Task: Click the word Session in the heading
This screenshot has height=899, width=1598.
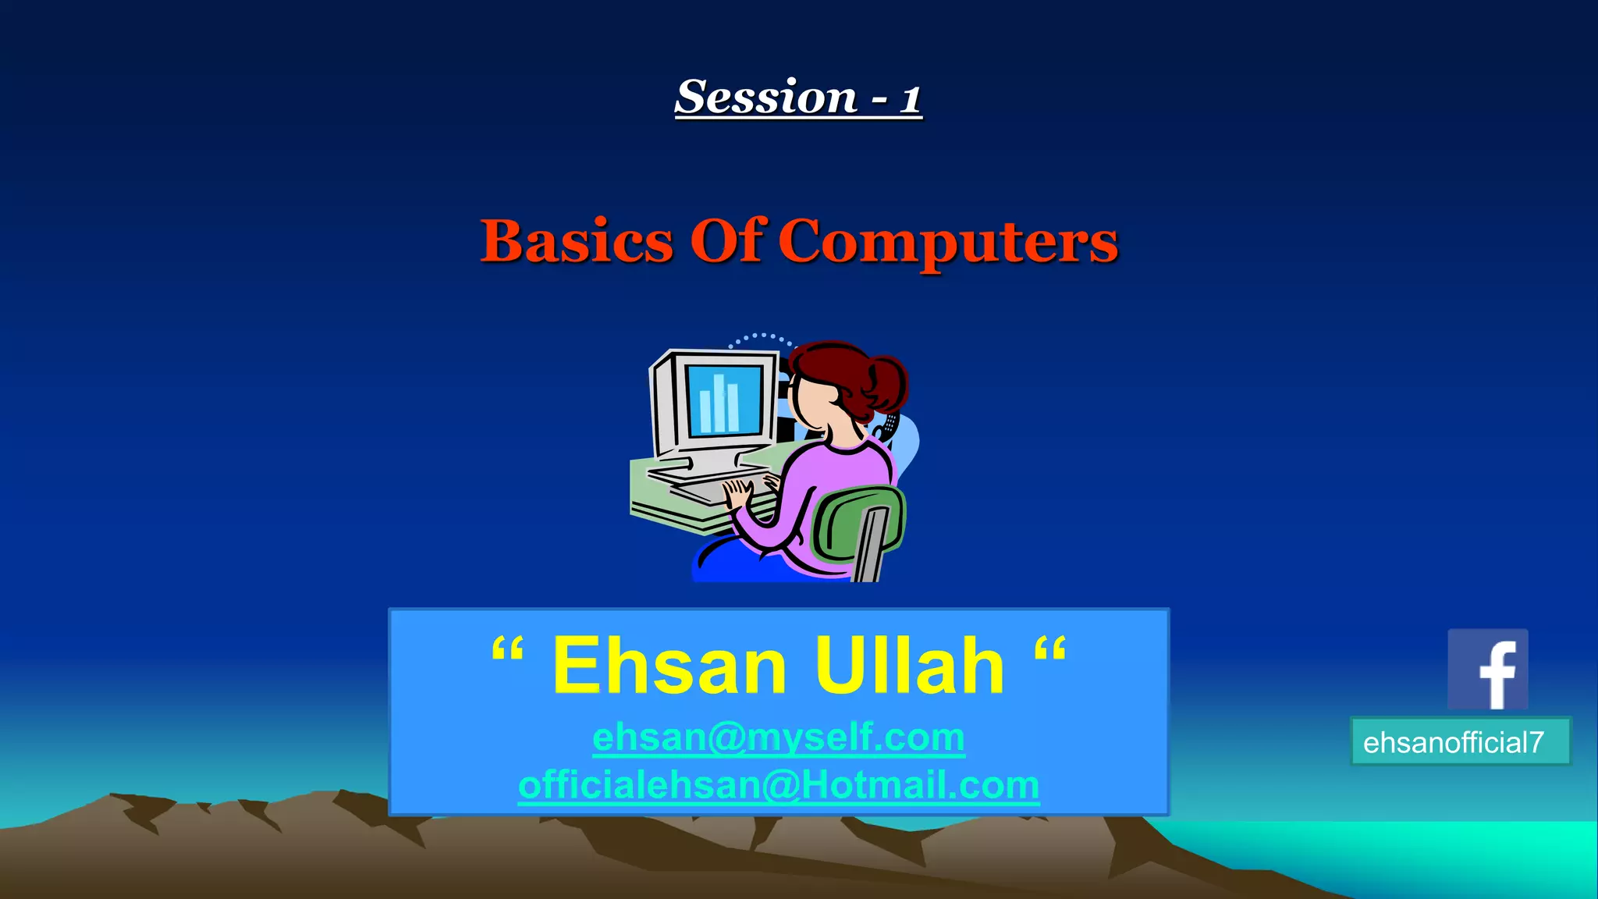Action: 766,98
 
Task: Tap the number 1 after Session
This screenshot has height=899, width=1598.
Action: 910,100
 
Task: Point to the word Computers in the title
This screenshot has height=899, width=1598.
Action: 947,242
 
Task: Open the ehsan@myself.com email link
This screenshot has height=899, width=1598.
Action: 778,737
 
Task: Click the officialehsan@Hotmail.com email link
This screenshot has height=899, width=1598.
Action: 778,784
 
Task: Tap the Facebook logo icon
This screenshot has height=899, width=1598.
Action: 1487,669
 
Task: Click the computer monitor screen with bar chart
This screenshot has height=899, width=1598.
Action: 723,399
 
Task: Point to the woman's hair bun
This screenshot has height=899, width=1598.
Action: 886,383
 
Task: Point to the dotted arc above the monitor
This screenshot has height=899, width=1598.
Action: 761,338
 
